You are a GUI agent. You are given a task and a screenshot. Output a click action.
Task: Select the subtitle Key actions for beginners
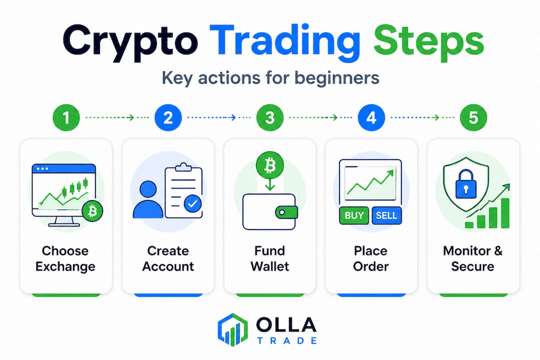270,78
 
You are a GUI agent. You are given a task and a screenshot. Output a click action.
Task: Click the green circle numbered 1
66,118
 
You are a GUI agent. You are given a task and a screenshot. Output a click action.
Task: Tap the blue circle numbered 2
168,118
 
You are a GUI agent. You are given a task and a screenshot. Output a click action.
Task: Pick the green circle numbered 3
270,118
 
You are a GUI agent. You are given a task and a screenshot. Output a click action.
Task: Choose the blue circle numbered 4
371,118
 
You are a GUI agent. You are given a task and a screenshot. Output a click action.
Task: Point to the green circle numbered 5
473,118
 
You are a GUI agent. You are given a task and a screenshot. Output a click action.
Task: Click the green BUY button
354,215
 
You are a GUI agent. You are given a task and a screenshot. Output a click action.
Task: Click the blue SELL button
386,215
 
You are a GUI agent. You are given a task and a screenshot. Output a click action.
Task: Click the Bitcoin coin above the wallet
270,164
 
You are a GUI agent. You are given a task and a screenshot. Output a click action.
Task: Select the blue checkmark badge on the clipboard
192,203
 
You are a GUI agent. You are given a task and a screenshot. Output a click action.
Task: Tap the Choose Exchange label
65,258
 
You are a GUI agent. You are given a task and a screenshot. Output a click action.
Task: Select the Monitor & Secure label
473,258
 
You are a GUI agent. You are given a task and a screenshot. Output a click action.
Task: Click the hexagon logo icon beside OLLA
233,330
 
